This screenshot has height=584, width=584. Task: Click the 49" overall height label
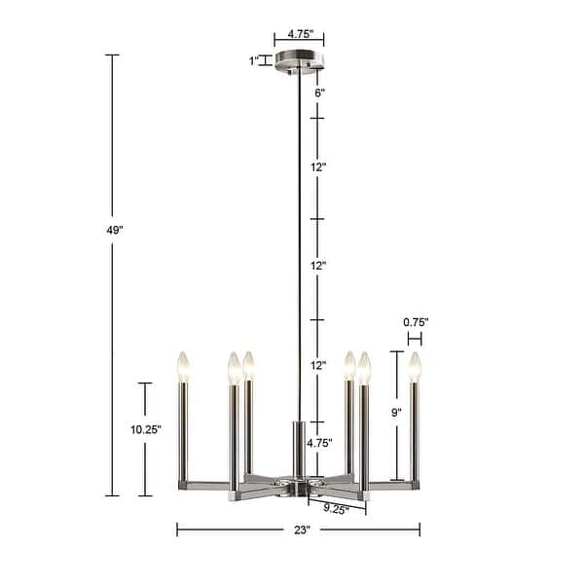[x=115, y=231]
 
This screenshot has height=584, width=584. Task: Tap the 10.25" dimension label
[x=146, y=429]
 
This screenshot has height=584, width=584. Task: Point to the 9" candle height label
[x=396, y=413]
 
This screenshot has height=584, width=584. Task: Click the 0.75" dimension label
[x=415, y=322]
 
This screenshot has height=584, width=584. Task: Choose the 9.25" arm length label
[x=337, y=508]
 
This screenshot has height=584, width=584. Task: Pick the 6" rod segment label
[x=318, y=93]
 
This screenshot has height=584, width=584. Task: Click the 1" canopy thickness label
[x=254, y=61]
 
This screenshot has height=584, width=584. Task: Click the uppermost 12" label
[x=318, y=167]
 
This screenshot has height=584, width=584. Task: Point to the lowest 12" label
[x=318, y=366]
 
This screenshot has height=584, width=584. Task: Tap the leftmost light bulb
[x=182, y=366]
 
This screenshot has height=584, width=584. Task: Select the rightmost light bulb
[x=416, y=366]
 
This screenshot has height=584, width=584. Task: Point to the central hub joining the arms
[x=299, y=484]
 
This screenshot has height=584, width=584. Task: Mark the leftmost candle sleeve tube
[x=183, y=429]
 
